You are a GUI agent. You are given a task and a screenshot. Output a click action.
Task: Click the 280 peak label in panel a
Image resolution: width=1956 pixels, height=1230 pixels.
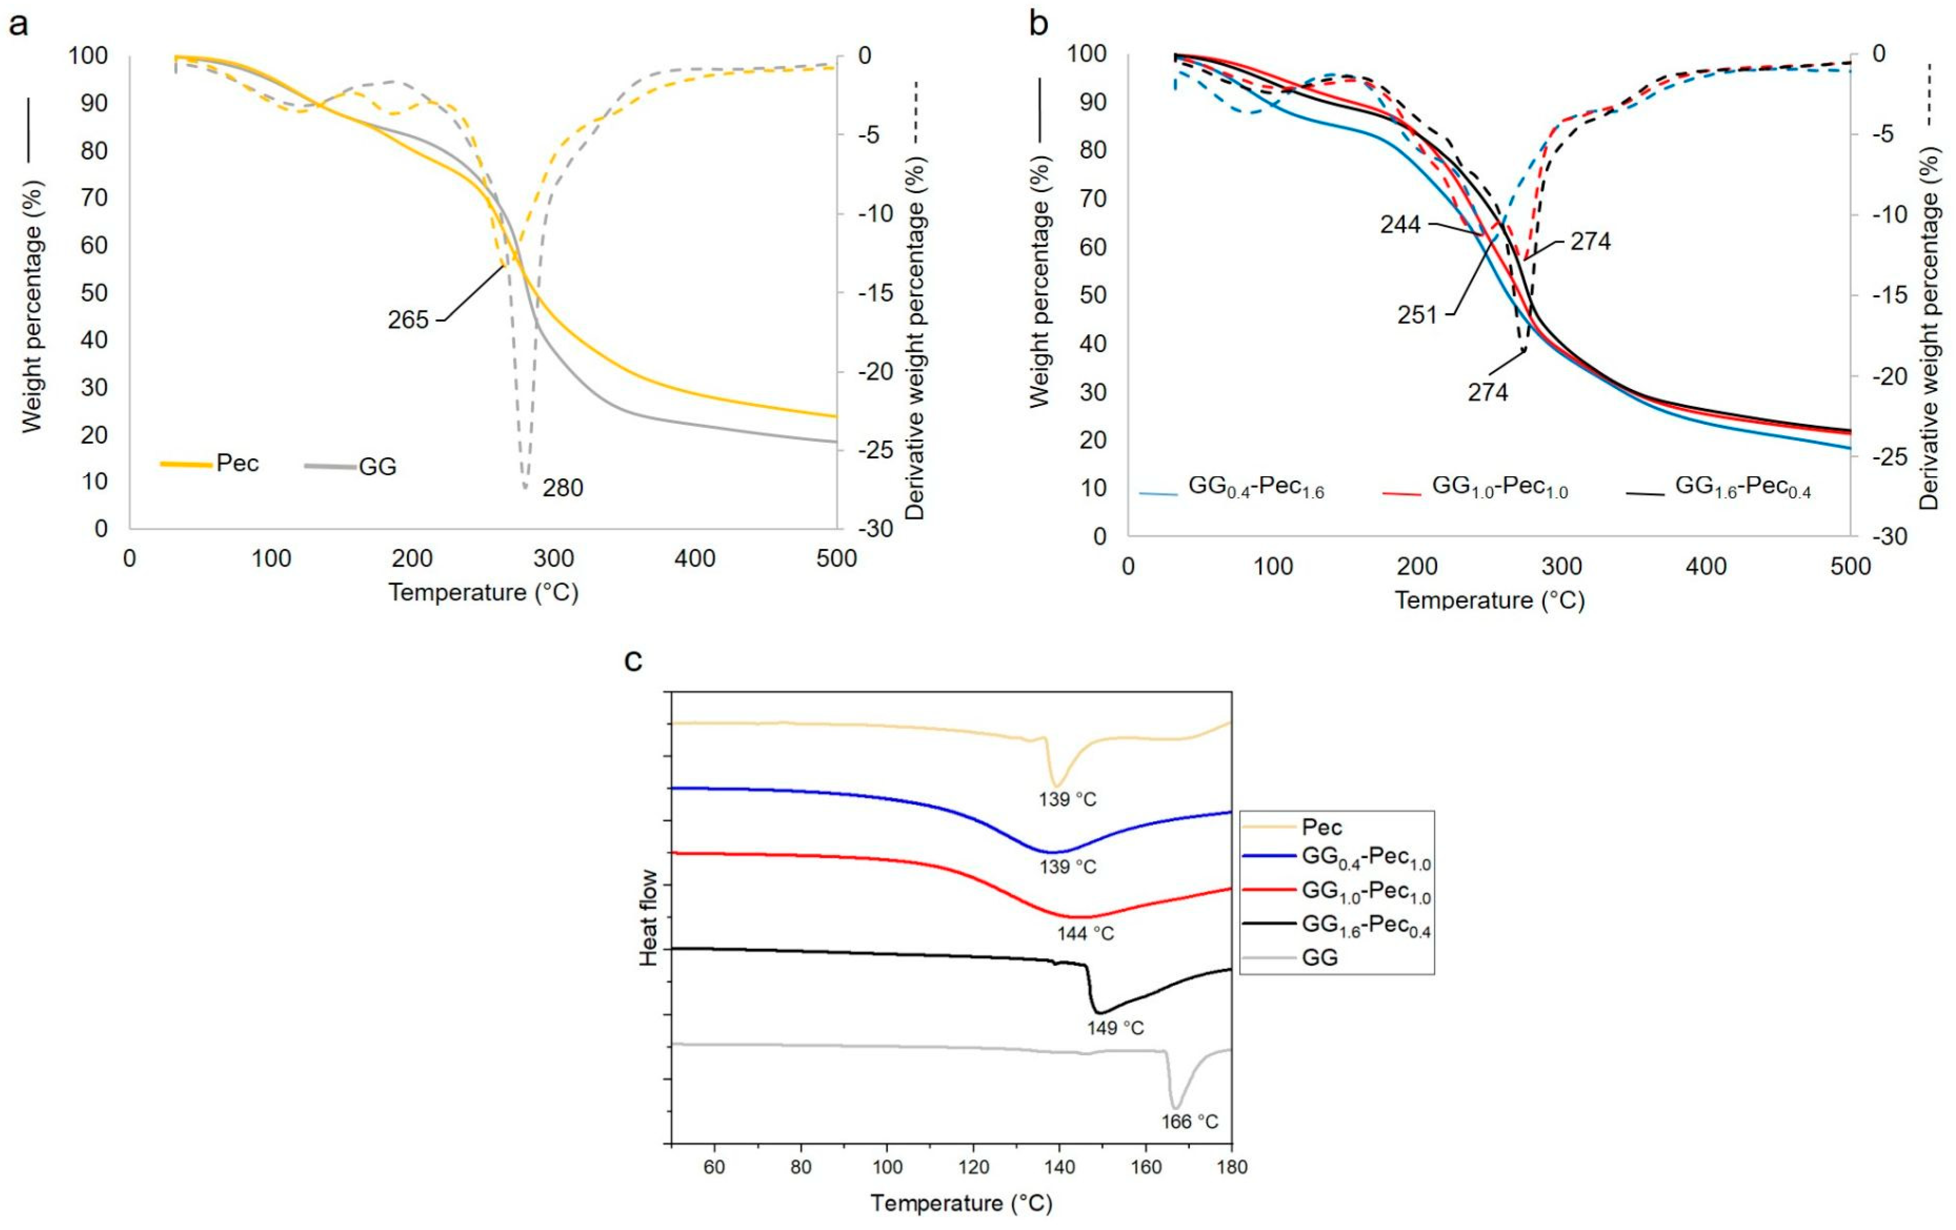pos(562,488)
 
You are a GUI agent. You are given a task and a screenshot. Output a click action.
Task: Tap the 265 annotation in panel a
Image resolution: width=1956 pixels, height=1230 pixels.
pos(408,320)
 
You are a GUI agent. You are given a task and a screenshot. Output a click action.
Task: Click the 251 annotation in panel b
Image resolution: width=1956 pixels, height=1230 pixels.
pos(1417,314)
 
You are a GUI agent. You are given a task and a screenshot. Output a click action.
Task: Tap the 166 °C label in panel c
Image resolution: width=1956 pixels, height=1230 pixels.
pos(1189,1122)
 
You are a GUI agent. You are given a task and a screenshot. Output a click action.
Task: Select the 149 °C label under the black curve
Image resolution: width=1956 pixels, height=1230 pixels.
pos(1115,1028)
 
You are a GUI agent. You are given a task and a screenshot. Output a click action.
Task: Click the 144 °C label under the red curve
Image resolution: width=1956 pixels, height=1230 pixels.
pos(1085,934)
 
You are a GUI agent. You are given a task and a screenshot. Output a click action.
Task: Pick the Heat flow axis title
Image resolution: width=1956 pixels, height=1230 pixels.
pos(648,917)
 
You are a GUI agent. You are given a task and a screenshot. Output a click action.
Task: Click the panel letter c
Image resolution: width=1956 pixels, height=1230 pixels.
pos(633,661)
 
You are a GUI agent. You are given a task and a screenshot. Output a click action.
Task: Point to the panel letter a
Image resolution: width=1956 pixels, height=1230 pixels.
pos(18,24)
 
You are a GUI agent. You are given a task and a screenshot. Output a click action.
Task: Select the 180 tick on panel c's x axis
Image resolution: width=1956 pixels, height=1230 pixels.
pos(1232,1167)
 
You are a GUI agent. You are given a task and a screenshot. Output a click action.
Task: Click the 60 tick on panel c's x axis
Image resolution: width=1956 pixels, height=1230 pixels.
pos(714,1167)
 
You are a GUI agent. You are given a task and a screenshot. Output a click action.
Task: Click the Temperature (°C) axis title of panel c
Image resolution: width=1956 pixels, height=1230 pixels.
pos(961,1203)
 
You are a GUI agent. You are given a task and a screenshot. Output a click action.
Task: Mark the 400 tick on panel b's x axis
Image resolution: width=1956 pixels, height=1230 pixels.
pos(1706,566)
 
